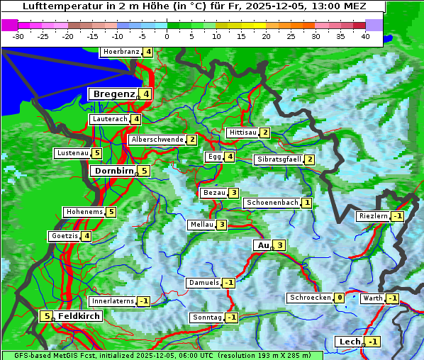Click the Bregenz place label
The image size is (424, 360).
[x=113, y=94]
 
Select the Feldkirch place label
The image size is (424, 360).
[x=79, y=316]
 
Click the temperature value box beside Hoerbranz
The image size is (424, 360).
[x=147, y=52]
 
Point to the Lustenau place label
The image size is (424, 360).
[x=72, y=153]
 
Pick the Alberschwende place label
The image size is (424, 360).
[x=157, y=140]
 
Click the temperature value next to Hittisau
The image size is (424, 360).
[x=265, y=133]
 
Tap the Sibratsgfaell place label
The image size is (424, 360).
[x=279, y=159]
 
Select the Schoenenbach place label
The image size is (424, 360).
[x=272, y=203]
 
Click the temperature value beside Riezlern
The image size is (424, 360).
[x=397, y=216]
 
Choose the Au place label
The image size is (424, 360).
[x=263, y=245]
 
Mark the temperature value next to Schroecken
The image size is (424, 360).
[x=340, y=298]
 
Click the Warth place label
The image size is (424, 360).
[x=372, y=298]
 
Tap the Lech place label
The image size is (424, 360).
[x=350, y=342]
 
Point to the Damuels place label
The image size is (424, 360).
[x=203, y=283]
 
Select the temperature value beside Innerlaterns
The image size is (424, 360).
[x=143, y=301]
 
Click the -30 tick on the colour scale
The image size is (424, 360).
[x=18, y=36]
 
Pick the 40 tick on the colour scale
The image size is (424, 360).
[x=365, y=36]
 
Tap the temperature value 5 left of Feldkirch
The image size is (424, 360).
[x=47, y=316]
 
